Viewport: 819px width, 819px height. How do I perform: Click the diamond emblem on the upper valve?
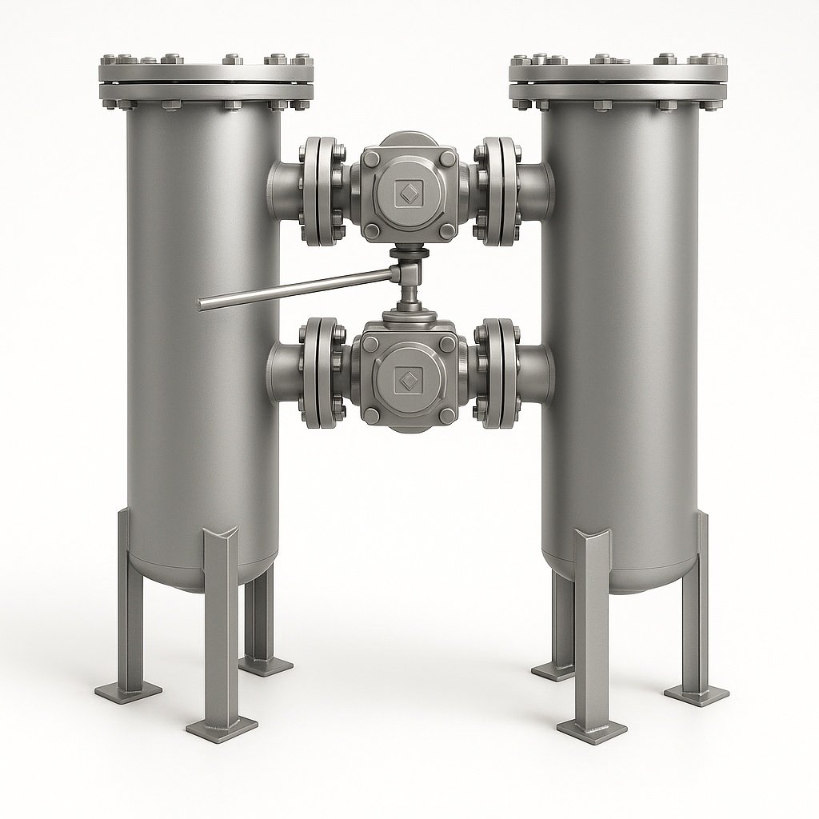[409, 193]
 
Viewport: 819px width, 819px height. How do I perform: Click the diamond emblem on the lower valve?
[409, 379]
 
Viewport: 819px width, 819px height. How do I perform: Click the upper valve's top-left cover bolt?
[371, 158]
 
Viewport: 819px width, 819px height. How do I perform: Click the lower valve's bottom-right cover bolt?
[447, 414]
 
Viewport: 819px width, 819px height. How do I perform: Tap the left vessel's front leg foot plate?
[222, 725]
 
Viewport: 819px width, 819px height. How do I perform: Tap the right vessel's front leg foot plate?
[591, 729]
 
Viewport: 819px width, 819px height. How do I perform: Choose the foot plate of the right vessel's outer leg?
[696, 693]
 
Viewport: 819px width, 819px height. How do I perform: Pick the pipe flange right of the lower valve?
[500, 373]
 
